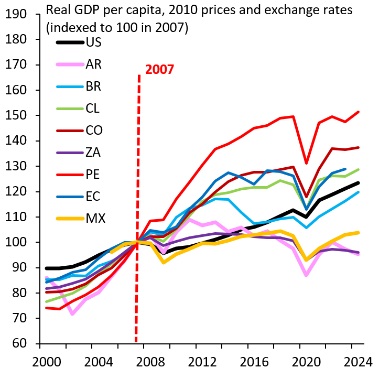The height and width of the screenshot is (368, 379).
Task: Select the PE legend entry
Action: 93,174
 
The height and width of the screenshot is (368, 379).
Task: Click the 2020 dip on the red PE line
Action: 306,163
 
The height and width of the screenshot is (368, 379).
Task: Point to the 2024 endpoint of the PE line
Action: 359,112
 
